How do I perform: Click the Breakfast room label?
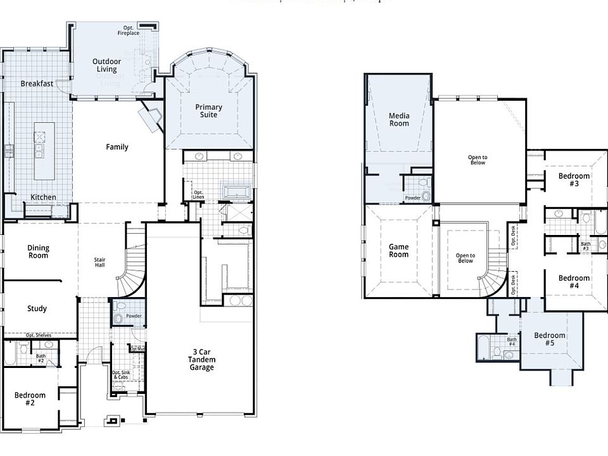[37, 84]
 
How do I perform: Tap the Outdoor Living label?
[106, 66]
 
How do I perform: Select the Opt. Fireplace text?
[128, 30]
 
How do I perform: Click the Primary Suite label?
[208, 111]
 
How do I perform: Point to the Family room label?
[117, 147]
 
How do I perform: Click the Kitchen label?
[43, 197]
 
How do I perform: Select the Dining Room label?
[38, 252]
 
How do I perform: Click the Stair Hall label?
[100, 263]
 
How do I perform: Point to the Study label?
[37, 309]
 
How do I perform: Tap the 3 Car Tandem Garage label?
[201, 360]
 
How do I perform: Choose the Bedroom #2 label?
[30, 399]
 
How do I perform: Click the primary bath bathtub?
[236, 191]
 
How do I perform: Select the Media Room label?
[399, 120]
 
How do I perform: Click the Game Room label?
[398, 251]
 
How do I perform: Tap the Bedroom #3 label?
[574, 180]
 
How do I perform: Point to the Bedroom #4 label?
[574, 282]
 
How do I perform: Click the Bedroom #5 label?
[549, 339]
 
